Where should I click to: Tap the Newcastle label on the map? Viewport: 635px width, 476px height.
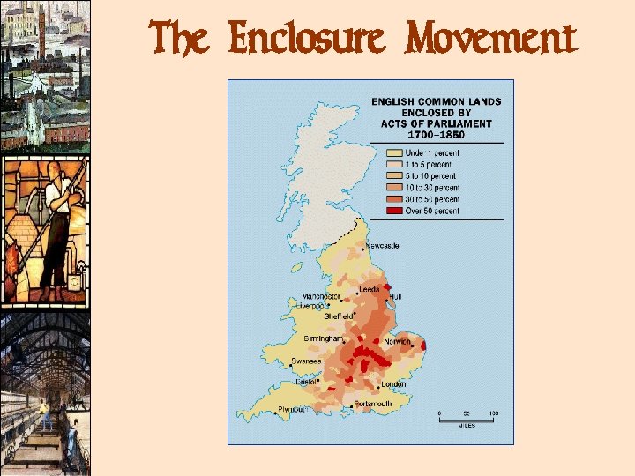point(382,246)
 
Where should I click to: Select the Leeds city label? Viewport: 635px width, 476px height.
point(369,289)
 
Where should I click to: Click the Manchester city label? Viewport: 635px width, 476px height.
point(322,296)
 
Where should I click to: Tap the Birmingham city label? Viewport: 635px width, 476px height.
point(323,338)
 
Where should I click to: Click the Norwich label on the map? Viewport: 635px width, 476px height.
point(397,341)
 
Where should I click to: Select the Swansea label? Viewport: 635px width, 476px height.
point(305,361)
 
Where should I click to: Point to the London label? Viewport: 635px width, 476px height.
point(393,384)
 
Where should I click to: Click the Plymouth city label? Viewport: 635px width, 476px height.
point(291,410)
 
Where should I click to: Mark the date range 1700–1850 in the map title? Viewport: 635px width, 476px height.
point(437,135)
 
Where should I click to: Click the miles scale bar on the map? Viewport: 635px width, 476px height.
point(466,418)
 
